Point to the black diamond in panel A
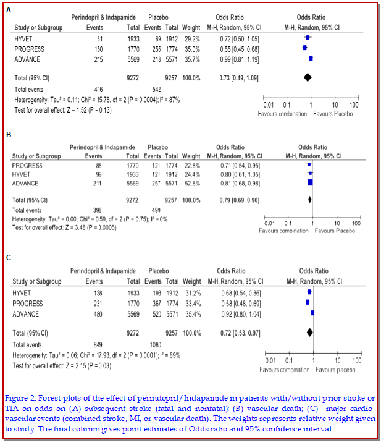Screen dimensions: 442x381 pyautogui.click(x=307, y=77)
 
